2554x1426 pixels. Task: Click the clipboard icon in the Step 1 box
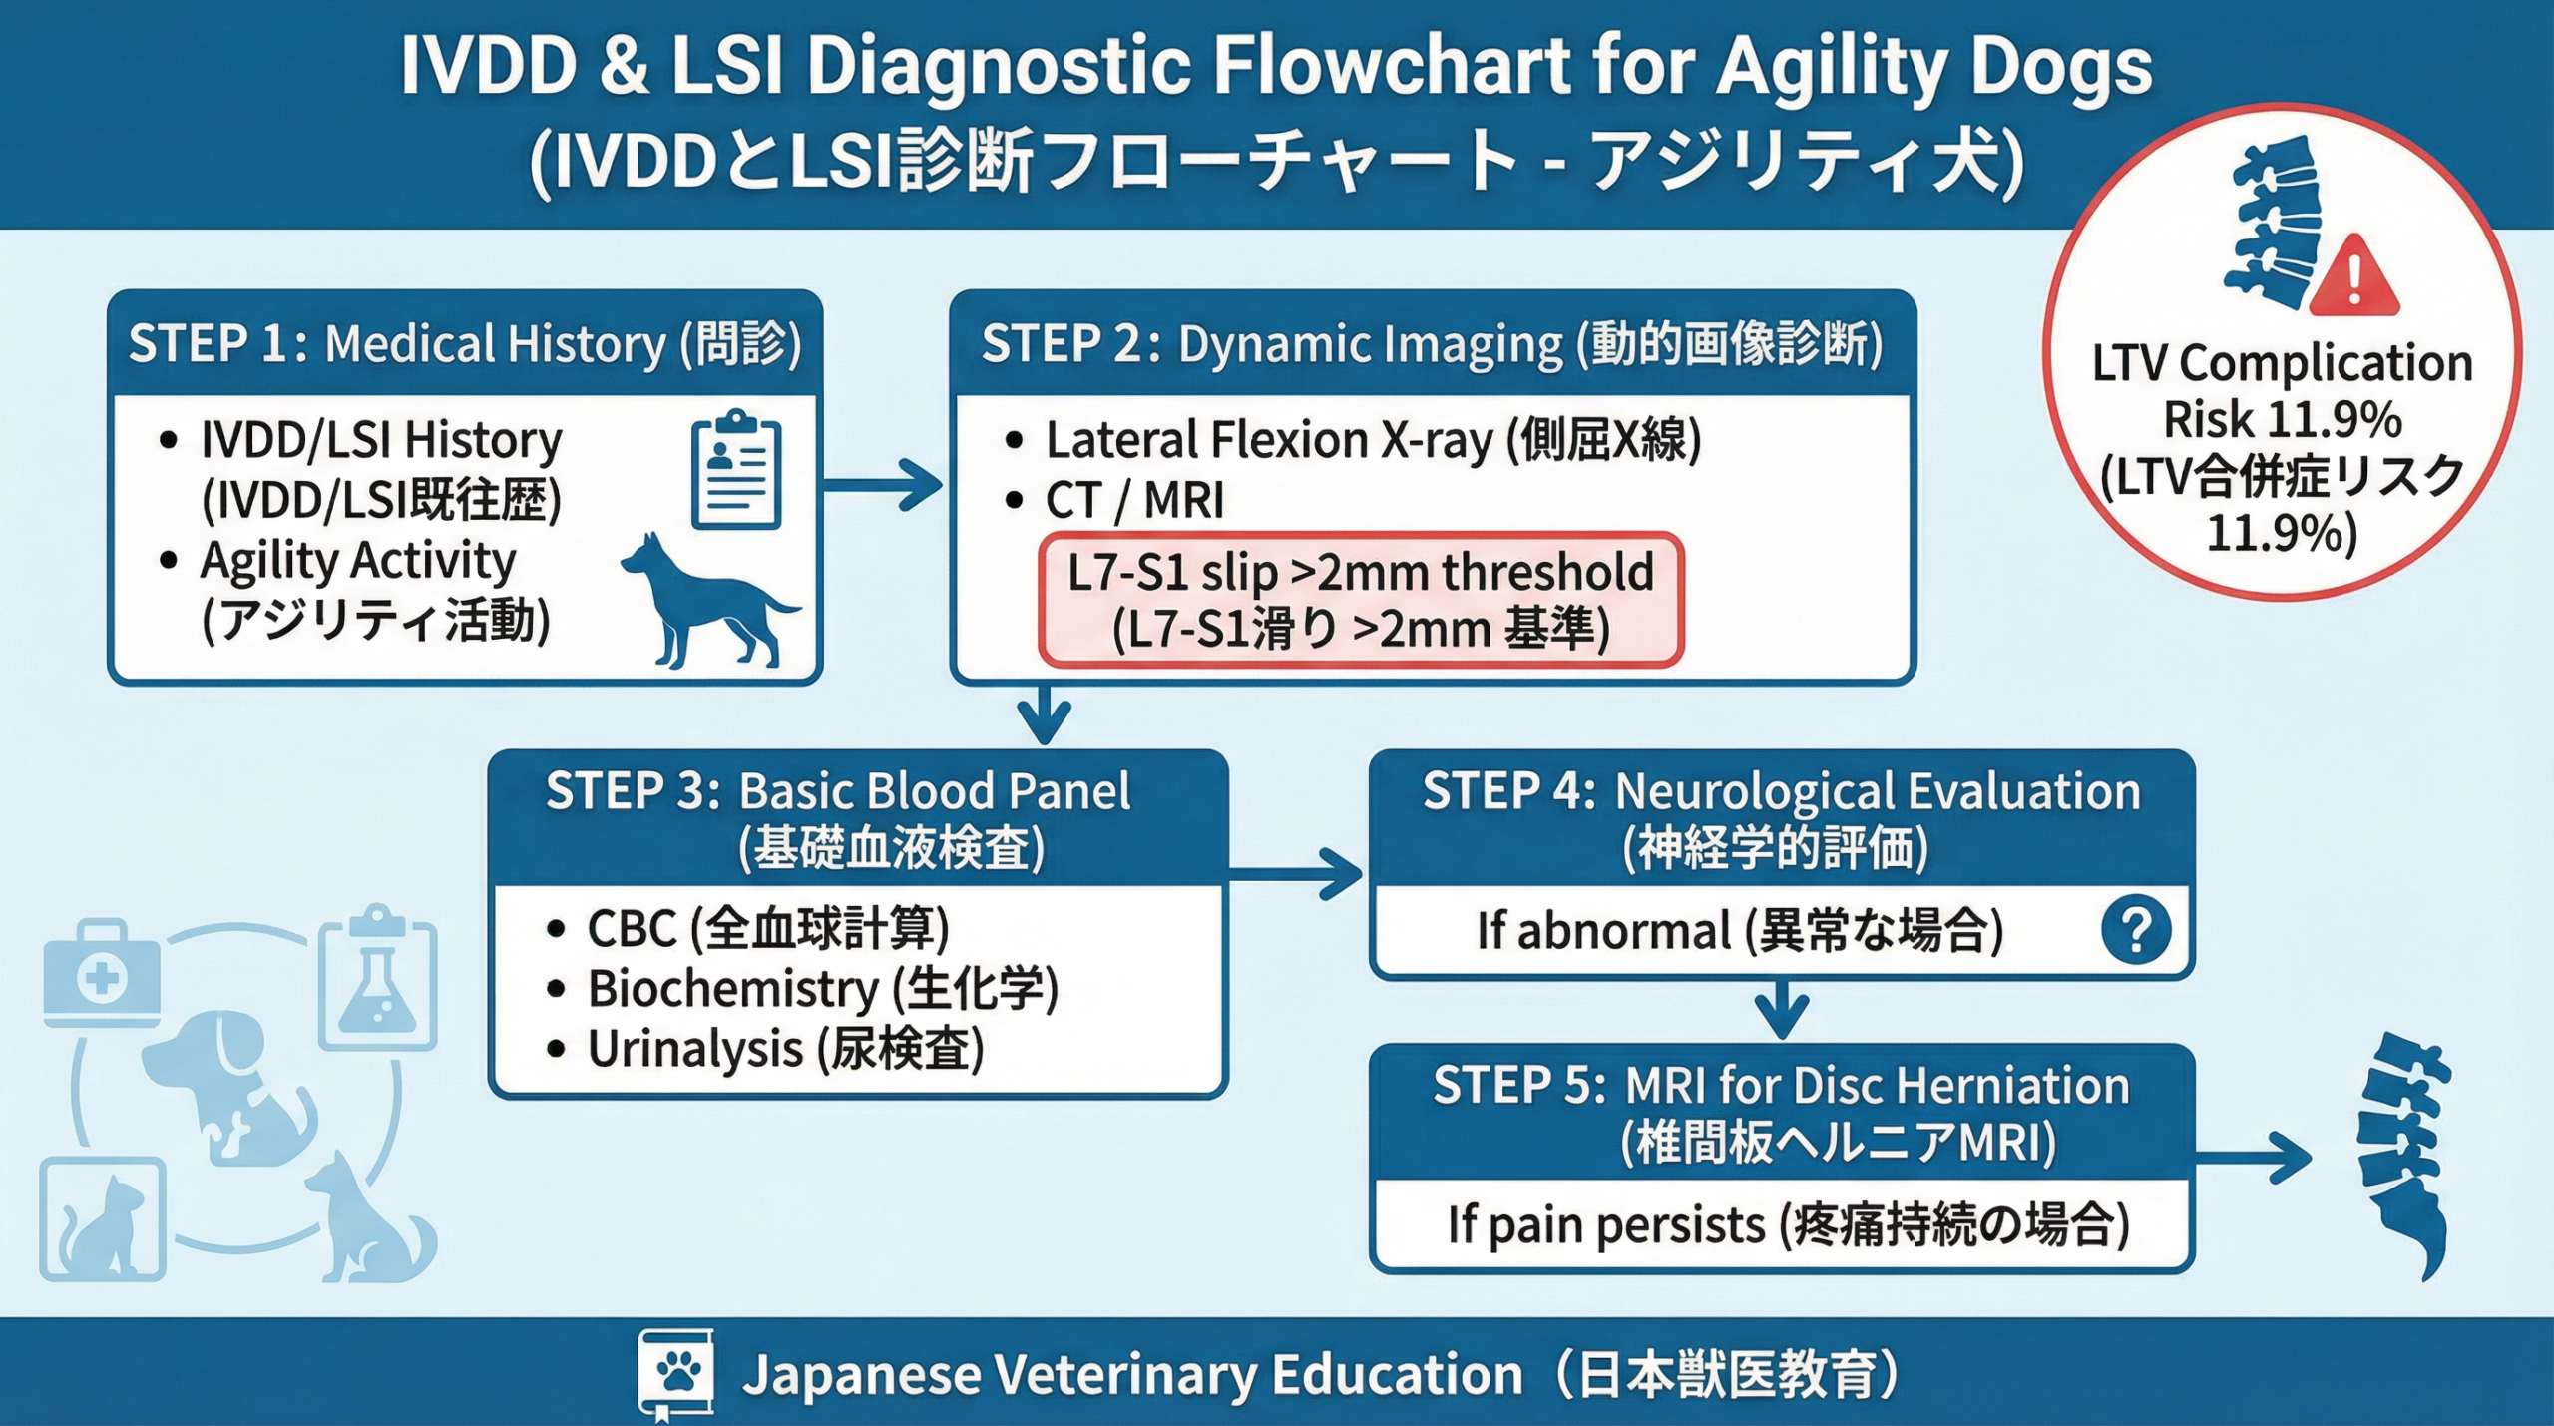coord(736,469)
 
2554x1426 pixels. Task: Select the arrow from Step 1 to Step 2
coord(882,485)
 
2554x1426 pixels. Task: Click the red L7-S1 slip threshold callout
coord(1361,600)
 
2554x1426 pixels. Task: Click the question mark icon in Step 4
coord(2136,930)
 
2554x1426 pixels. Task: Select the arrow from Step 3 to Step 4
coord(1295,875)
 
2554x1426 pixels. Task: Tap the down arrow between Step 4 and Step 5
coord(1782,1010)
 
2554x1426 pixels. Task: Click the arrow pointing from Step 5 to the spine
coord(2254,1158)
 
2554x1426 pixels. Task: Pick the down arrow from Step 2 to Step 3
coord(1044,714)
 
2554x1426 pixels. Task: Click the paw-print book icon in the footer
coord(676,1375)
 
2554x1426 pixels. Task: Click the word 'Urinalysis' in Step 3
coord(695,1049)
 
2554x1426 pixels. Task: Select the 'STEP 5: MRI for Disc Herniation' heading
coord(1781,1086)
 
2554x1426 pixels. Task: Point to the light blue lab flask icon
coord(377,977)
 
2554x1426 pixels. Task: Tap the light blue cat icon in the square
coord(103,1219)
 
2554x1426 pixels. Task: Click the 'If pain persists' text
coord(1606,1225)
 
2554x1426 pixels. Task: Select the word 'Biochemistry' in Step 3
coord(733,989)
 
